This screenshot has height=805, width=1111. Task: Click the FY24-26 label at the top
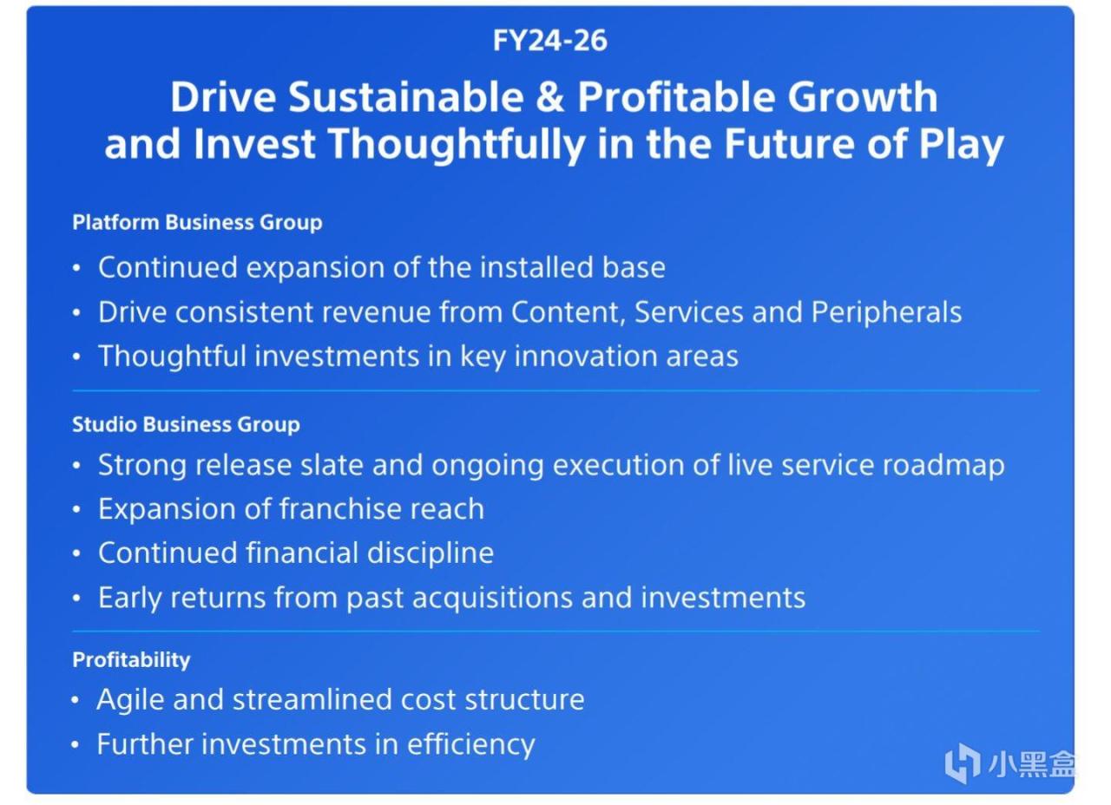tap(549, 40)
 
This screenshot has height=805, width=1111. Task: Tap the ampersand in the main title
tap(550, 96)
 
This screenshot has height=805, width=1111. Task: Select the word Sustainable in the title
tap(405, 96)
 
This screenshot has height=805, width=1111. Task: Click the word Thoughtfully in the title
tap(457, 144)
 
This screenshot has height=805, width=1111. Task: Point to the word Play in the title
tap(961, 144)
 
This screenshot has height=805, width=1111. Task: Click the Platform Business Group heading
tap(197, 222)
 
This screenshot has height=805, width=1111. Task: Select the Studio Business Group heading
tap(186, 424)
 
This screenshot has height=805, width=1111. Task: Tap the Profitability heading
tap(131, 660)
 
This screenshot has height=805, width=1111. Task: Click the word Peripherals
tap(886, 313)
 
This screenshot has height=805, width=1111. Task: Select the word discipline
tap(430, 553)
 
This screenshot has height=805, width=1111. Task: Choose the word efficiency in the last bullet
tap(470, 745)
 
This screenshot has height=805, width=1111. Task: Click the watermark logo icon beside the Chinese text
tap(963, 763)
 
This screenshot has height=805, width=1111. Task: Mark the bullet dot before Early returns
tap(76, 598)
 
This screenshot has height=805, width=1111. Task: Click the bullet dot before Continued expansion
tap(76, 268)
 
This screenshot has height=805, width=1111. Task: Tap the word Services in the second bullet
tap(689, 312)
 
